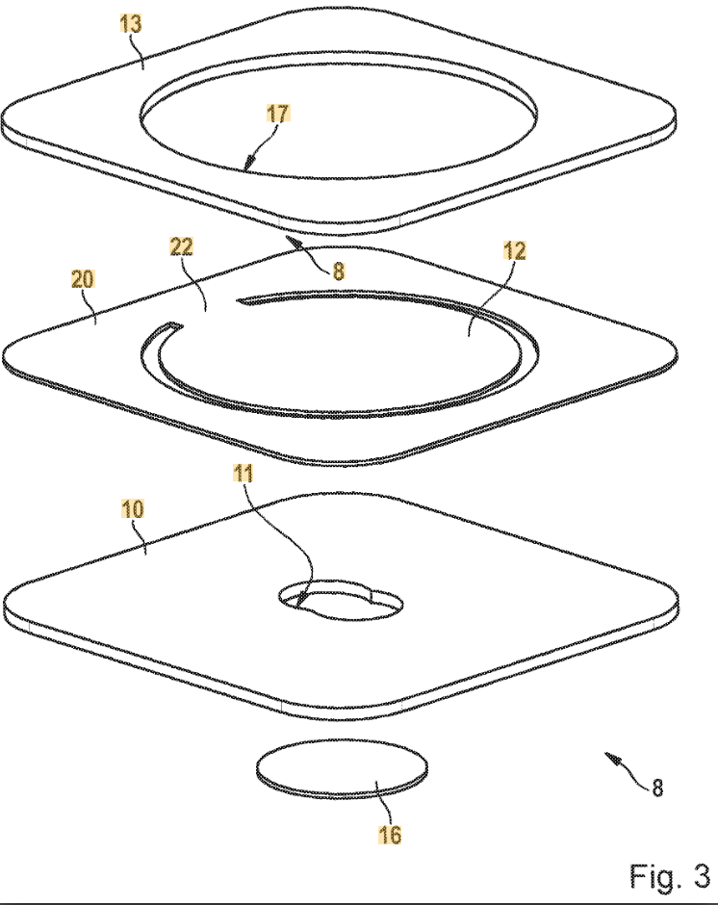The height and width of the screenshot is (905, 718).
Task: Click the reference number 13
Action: (131, 24)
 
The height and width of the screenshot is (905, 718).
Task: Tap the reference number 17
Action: (277, 114)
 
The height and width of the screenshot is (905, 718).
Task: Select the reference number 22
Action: (181, 246)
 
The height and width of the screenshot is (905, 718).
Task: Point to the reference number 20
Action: (82, 279)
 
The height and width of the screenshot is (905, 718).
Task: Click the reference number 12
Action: (515, 250)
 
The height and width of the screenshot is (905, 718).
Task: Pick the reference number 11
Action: (243, 474)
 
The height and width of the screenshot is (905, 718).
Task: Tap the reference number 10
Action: (132, 509)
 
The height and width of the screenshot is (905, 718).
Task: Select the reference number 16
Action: (390, 834)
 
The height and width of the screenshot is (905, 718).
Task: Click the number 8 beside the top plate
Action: (338, 271)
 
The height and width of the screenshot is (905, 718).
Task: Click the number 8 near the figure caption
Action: (657, 788)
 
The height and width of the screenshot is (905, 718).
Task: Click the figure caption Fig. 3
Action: (670, 876)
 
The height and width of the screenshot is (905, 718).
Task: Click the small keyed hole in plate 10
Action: (341, 603)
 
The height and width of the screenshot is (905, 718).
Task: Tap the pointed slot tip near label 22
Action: (242, 299)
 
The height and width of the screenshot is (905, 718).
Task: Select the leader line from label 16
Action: (384, 803)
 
